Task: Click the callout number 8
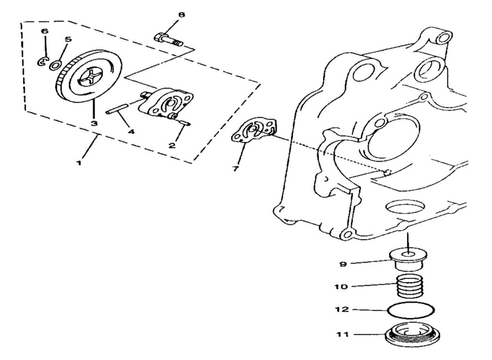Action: [181, 15]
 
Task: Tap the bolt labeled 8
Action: [169, 38]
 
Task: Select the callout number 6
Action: [45, 31]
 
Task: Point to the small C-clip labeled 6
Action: [42, 61]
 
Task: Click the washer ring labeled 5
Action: [55, 65]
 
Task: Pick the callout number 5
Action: [68, 39]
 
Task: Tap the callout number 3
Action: [94, 124]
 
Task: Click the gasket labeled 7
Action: [254, 131]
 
